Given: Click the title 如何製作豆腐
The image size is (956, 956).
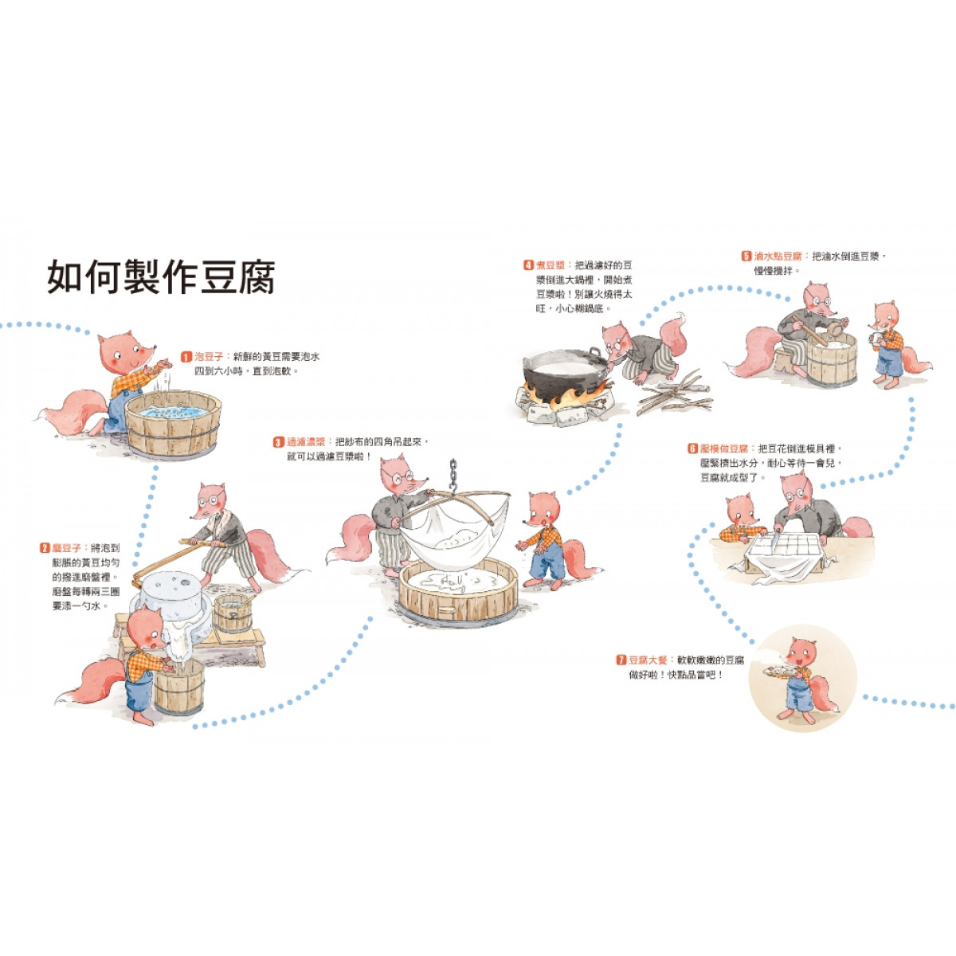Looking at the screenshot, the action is [161, 276].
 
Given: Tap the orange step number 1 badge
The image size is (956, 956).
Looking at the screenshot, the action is [186, 357].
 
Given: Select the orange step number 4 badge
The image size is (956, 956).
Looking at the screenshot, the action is [528, 265].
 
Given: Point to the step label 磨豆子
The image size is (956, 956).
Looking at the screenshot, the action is [66, 548].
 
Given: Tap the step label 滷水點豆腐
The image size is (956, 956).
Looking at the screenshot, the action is [778, 257].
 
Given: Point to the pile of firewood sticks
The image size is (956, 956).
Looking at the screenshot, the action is [675, 394].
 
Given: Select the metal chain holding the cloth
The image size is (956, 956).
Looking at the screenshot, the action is [453, 476].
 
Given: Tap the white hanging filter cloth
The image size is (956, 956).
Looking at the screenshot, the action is [454, 536].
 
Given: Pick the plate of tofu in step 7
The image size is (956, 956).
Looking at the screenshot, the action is [780, 672].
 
